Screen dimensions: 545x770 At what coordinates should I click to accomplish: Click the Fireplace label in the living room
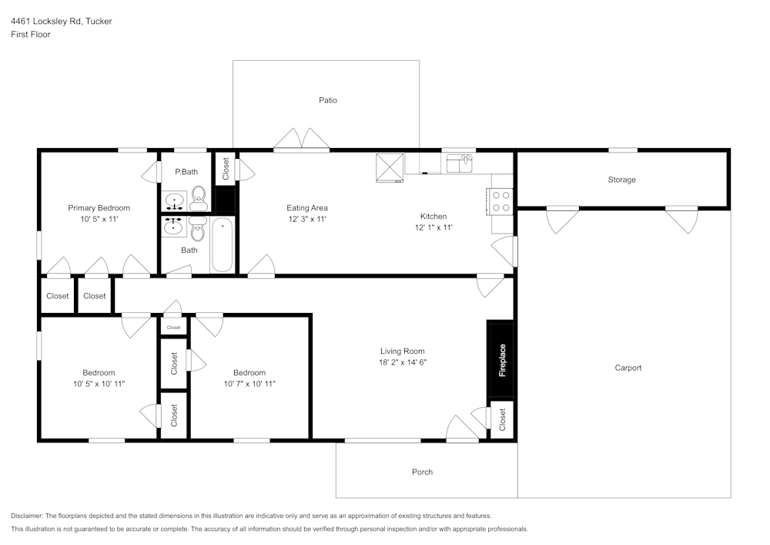(502, 360)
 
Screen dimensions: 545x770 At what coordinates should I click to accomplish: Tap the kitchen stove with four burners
(500, 201)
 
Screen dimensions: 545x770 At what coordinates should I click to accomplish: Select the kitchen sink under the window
(459, 163)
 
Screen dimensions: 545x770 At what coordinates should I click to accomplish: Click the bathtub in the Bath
(222, 244)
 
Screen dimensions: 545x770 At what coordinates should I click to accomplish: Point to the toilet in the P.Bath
(199, 198)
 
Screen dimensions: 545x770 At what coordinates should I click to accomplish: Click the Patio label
(328, 100)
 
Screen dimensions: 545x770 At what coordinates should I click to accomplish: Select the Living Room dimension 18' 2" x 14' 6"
(402, 362)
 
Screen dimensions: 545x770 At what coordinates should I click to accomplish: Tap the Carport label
(628, 368)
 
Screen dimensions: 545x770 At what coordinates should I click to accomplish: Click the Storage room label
(621, 180)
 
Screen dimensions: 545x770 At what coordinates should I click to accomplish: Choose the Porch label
(422, 472)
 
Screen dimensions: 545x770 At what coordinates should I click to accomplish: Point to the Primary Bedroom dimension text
(99, 220)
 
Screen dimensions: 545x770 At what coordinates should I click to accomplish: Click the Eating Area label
(307, 208)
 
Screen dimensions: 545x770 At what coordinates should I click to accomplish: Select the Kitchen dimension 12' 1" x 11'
(433, 227)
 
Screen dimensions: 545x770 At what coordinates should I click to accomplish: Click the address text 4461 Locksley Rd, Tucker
(61, 22)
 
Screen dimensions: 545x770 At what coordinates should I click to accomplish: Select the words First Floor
(31, 35)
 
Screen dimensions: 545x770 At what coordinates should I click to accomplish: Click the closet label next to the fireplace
(502, 420)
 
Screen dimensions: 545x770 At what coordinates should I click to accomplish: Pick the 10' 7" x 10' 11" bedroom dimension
(249, 384)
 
